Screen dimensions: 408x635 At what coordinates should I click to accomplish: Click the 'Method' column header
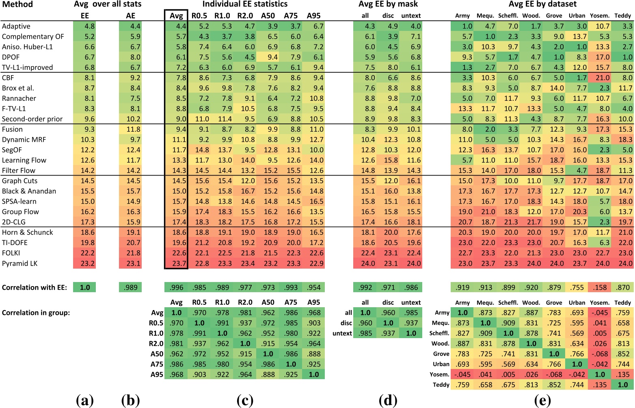pos(17,4)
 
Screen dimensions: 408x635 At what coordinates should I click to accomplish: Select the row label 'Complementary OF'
pos(33,37)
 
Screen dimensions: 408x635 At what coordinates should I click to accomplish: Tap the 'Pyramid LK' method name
pos(19,263)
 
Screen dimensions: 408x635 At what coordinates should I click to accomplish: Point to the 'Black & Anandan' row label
pos(29,191)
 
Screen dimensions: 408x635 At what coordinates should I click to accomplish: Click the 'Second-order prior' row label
pos(32,119)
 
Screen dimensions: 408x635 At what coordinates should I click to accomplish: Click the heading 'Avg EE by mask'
pos(388,4)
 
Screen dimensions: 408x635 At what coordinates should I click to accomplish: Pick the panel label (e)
pos(542,401)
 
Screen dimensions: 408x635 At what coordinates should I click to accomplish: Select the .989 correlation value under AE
pos(130,287)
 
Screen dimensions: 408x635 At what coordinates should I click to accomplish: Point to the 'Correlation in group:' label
pos(36,313)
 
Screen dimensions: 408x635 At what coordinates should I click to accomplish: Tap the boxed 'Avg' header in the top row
pos(176,16)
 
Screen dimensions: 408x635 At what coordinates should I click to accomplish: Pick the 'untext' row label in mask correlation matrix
pos(342,333)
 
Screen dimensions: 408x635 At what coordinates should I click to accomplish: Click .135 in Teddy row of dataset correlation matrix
pos(600,385)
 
